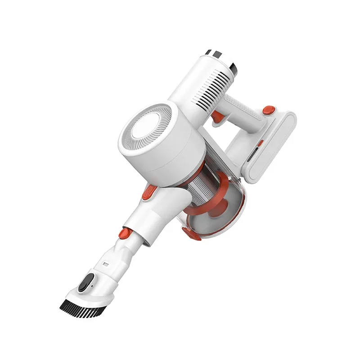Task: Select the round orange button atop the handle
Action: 269,109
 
